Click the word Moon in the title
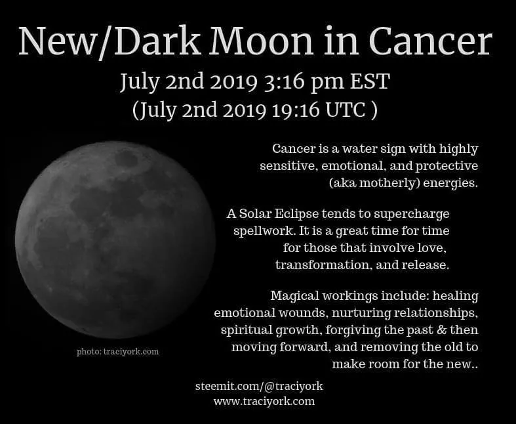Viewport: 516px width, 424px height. click(262, 41)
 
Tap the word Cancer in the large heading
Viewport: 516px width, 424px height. click(431, 41)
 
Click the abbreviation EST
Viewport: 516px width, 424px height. click(370, 81)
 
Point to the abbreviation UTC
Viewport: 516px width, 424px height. click(346, 110)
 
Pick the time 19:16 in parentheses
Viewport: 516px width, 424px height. click(296, 110)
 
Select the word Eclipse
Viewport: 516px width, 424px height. click(296, 215)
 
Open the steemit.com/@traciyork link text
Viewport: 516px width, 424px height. click(259, 386)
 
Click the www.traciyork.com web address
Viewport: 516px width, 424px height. click(264, 402)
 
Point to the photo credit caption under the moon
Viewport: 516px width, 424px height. click(117, 352)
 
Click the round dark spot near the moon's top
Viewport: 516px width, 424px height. click(127, 159)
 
